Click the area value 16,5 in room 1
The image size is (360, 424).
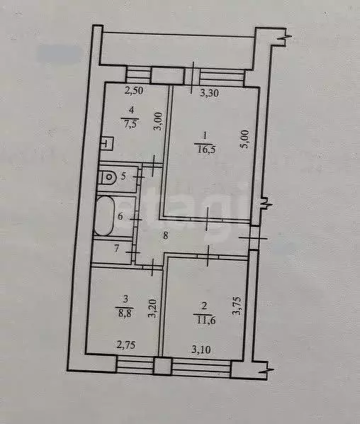204,147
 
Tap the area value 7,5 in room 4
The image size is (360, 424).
130,121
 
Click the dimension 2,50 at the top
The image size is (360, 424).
134,90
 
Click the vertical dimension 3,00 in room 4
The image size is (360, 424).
159,122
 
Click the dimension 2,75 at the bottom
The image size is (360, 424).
125,346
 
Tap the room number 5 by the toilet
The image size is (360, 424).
124,177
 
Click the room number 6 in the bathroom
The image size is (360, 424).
120,217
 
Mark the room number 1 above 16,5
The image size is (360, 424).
204,135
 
